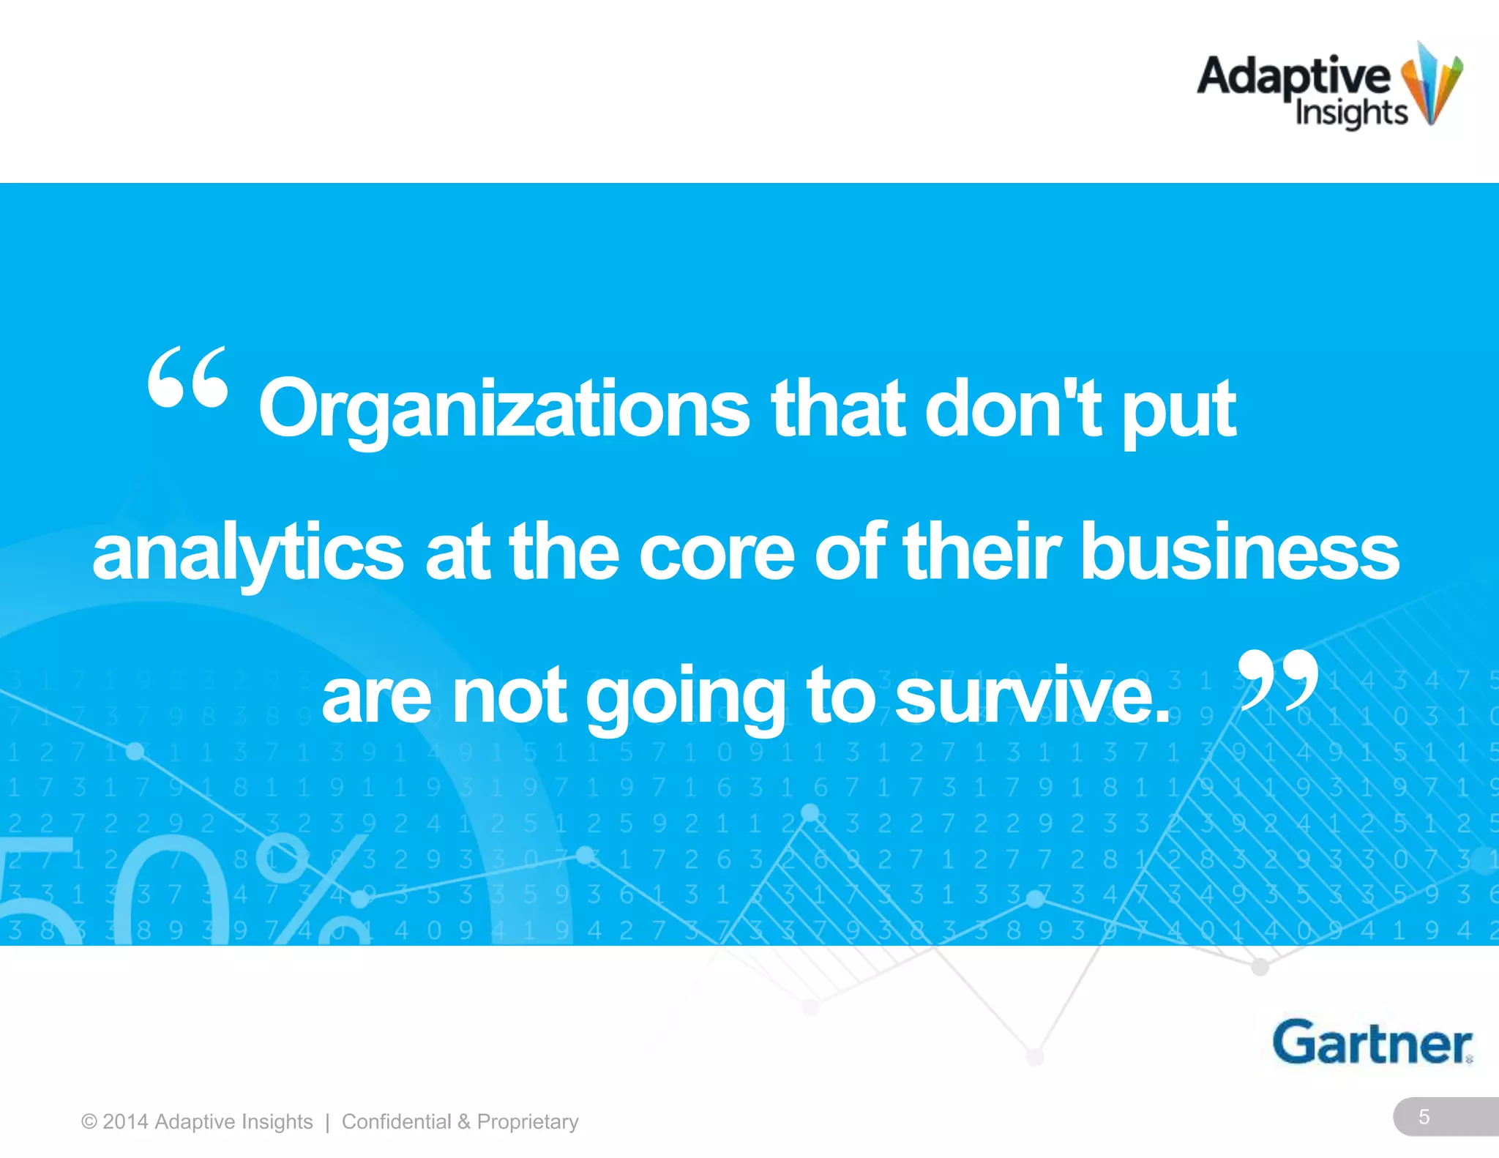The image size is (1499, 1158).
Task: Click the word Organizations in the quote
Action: click(504, 410)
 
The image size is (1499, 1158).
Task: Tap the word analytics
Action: click(247, 553)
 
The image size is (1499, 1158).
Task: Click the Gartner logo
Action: click(1372, 1042)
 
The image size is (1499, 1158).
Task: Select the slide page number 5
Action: click(1424, 1117)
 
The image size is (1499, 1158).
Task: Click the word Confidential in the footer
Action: click(396, 1121)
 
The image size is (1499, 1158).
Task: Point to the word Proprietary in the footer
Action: click(528, 1121)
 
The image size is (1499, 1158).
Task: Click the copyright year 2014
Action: click(125, 1121)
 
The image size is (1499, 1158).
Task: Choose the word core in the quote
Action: click(717, 553)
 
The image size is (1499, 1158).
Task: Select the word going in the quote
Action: click(685, 697)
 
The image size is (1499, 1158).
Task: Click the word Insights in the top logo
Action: click(1351, 113)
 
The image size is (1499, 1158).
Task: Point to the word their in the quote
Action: click(982, 553)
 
